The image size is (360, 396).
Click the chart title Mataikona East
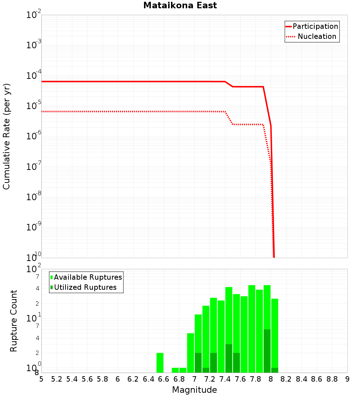[180, 5]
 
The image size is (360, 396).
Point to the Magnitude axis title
[194, 390]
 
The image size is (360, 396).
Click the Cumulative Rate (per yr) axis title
[6, 136]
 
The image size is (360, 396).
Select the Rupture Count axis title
[14, 321]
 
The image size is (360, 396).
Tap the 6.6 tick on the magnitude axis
[164, 379]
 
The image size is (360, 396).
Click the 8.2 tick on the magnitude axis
[286, 379]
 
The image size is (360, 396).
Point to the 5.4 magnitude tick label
[72, 379]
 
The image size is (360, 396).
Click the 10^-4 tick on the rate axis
[34, 75]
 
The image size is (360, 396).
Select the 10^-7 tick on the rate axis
[34, 166]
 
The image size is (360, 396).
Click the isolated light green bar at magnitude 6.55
[160, 363]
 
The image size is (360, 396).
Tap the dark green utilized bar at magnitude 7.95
[267, 351]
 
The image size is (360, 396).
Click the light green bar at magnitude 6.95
[190, 353]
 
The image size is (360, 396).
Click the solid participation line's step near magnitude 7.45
[229, 84]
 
